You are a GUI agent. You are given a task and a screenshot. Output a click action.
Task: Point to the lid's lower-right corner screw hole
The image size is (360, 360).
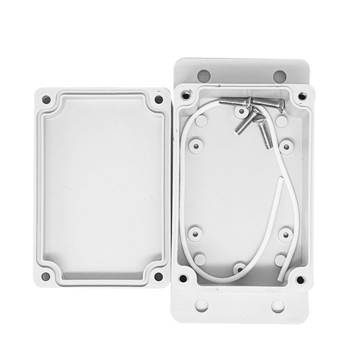pyautogui.click(x=158, y=277)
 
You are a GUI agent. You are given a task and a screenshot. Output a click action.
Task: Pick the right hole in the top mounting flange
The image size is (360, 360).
pyautogui.click(x=280, y=76)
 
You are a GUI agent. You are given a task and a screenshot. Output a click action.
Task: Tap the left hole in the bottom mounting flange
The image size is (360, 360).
pyautogui.click(x=202, y=305)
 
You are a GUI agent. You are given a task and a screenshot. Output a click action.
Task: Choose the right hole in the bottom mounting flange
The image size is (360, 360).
pyautogui.click(x=278, y=305)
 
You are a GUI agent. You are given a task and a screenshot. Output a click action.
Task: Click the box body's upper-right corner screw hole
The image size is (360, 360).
pyautogui.click(x=300, y=95)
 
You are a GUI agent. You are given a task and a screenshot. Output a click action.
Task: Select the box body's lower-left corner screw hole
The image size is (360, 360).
pyautogui.click(x=184, y=279)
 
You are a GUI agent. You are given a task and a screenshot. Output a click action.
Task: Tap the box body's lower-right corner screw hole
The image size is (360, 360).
pyautogui.click(x=300, y=280)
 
